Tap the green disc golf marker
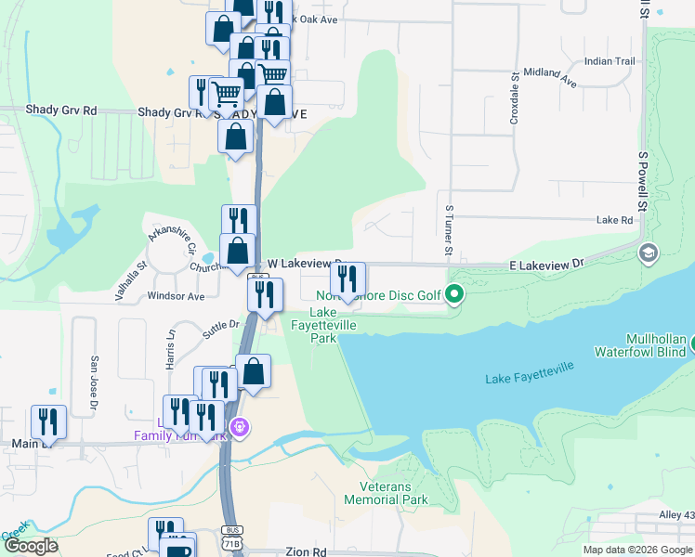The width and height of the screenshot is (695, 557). tap(454, 295)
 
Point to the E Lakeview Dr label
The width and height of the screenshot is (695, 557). tap(546, 265)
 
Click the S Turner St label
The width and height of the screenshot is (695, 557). tap(449, 231)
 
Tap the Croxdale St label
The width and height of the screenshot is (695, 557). tap(514, 97)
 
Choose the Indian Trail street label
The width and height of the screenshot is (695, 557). tap(610, 61)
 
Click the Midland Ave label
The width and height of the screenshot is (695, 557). tap(550, 78)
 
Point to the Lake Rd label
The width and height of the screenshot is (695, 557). tap(614, 220)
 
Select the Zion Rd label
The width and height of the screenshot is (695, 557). tap(307, 551)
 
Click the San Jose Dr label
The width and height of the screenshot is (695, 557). tap(93, 382)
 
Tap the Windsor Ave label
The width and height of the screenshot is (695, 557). tap(176, 297)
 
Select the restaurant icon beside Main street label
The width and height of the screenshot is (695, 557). tap(48, 421)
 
